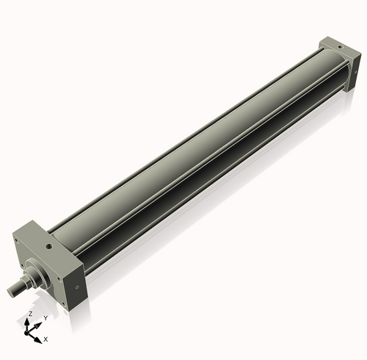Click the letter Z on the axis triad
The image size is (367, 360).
pos(30,314)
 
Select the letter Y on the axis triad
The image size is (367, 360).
pos(46,318)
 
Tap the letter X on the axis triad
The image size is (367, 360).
pos(46,339)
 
